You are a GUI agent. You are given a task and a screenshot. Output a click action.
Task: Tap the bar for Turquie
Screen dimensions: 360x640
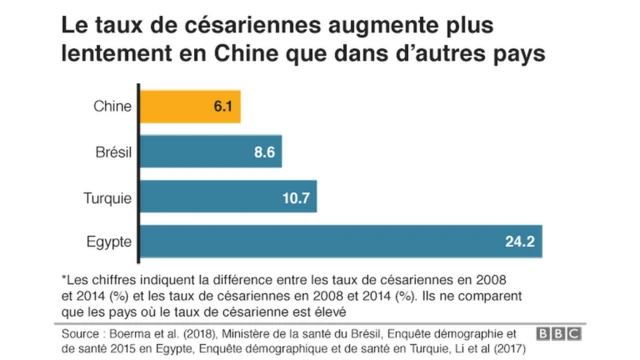click(227, 196)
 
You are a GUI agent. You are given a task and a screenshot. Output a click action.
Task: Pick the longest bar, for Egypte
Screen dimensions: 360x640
click(340, 241)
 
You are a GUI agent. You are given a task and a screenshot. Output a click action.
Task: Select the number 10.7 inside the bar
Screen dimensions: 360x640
click(297, 197)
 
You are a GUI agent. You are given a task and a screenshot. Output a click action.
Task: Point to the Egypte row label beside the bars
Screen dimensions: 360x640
click(105, 242)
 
